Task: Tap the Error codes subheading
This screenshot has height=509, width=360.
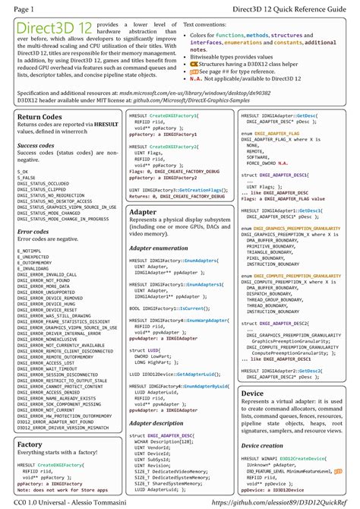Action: pyautogui.click(x=33, y=231)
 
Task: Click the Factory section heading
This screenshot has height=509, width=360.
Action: pyautogui.click(x=30, y=444)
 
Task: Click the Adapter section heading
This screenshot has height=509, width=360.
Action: pyautogui.click(x=144, y=212)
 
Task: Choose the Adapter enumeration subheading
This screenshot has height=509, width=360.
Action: pyautogui.click(x=159, y=248)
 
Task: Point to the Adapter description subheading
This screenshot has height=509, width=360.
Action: pyautogui.click(x=157, y=422)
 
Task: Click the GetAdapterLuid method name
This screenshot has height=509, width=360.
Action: pyautogui.click(x=201, y=375)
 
